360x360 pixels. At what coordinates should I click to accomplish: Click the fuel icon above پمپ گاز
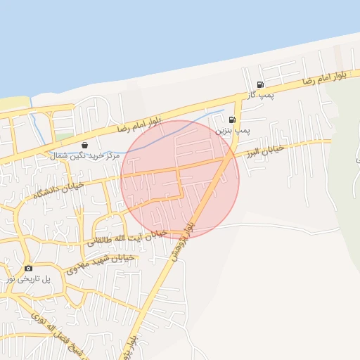[x=260, y=84]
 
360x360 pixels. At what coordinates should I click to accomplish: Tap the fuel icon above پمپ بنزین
[x=232, y=120]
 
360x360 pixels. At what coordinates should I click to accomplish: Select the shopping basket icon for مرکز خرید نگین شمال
[x=84, y=145]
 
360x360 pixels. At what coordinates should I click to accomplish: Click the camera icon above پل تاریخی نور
[x=28, y=268]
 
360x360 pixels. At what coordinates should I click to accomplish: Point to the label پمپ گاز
[x=260, y=94]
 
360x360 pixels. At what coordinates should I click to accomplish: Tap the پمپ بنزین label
[x=232, y=130]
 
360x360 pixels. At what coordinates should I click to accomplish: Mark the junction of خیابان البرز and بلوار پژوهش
[x=226, y=160]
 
